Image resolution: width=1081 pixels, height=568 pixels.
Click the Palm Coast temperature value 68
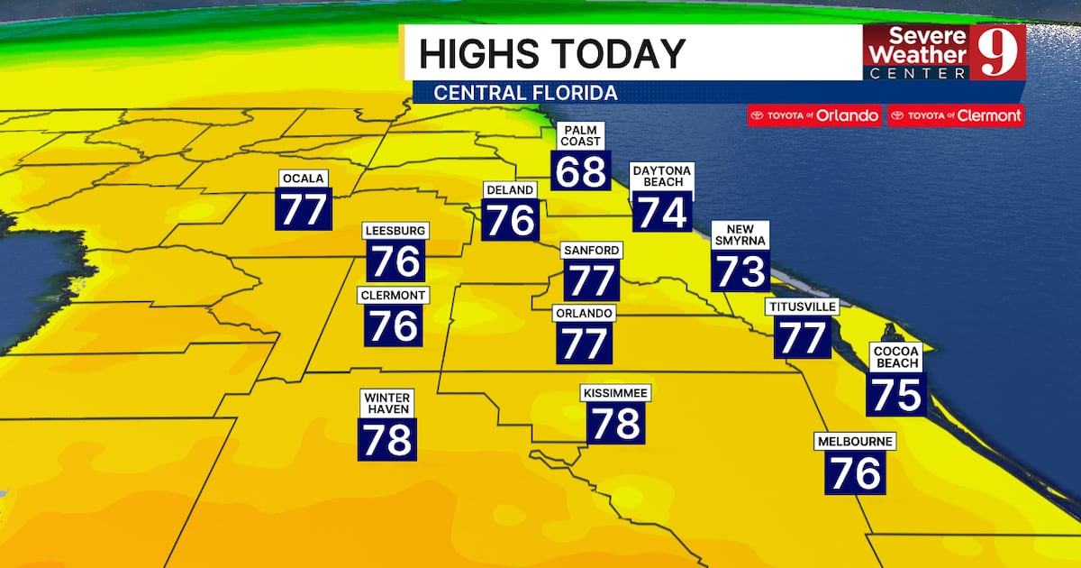(580, 169)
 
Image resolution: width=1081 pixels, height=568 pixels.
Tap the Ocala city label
(303, 178)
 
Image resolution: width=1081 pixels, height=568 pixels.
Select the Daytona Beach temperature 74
(661, 212)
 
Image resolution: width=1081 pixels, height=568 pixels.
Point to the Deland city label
(511, 190)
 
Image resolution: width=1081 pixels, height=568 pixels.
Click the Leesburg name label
(395, 231)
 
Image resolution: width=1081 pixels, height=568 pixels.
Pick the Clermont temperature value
(394, 325)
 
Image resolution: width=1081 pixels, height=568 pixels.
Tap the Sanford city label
(592, 250)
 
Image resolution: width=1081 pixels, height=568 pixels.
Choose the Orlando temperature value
(584, 343)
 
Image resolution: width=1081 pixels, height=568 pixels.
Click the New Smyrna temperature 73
(740, 270)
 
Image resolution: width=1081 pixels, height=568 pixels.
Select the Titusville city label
(802, 307)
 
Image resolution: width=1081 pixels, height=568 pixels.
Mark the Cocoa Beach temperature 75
(895, 395)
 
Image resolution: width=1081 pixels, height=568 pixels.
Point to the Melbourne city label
(855, 442)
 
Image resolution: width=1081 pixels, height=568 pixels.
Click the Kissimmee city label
(615, 393)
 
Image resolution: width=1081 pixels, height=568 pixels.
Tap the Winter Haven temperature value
(387, 439)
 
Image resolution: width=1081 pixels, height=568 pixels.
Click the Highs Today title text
(551, 53)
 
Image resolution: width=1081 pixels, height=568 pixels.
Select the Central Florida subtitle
(525, 93)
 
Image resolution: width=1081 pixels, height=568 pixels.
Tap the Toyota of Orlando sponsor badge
(813, 115)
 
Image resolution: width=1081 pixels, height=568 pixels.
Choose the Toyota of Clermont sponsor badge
(956, 115)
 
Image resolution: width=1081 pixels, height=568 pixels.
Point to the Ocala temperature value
(304, 209)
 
